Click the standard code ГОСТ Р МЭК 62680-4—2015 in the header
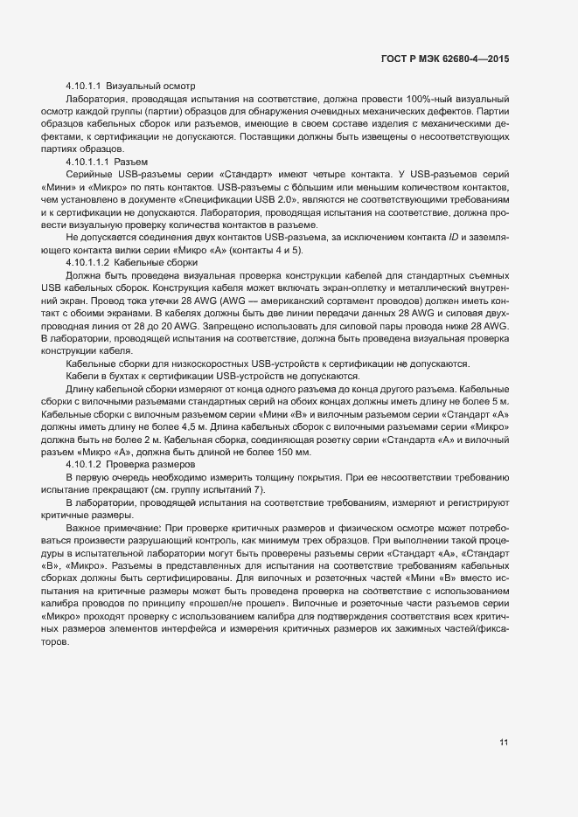click(x=445, y=59)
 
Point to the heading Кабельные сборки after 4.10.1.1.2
click(x=157, y=263)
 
